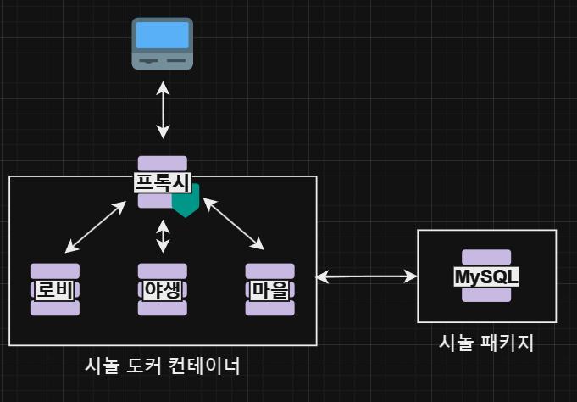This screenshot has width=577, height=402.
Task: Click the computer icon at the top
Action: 163,43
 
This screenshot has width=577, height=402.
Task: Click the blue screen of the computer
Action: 163,35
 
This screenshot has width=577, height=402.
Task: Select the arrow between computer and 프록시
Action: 163,110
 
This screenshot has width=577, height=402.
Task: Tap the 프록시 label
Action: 163,181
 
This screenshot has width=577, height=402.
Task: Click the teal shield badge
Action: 185,201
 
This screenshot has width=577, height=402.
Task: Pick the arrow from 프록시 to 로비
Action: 96,226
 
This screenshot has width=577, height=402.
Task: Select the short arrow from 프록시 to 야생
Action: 163,236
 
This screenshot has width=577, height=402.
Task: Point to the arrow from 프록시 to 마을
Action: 233,224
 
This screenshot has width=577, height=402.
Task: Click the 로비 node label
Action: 55,289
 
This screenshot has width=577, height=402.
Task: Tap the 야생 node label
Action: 163,289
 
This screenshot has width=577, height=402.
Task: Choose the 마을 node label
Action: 270,289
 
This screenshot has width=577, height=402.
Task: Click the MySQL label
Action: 486,276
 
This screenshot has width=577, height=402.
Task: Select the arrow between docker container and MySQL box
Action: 367,276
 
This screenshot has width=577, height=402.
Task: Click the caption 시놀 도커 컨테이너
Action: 163,366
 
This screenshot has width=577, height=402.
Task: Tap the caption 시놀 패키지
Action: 486,343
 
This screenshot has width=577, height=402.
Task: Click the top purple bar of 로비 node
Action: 55,271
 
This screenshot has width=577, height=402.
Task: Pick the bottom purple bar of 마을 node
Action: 270,308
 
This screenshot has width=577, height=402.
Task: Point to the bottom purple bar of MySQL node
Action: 486,294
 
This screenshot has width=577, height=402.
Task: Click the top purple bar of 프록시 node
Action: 163,163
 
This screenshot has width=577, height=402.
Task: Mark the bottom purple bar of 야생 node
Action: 163,308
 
